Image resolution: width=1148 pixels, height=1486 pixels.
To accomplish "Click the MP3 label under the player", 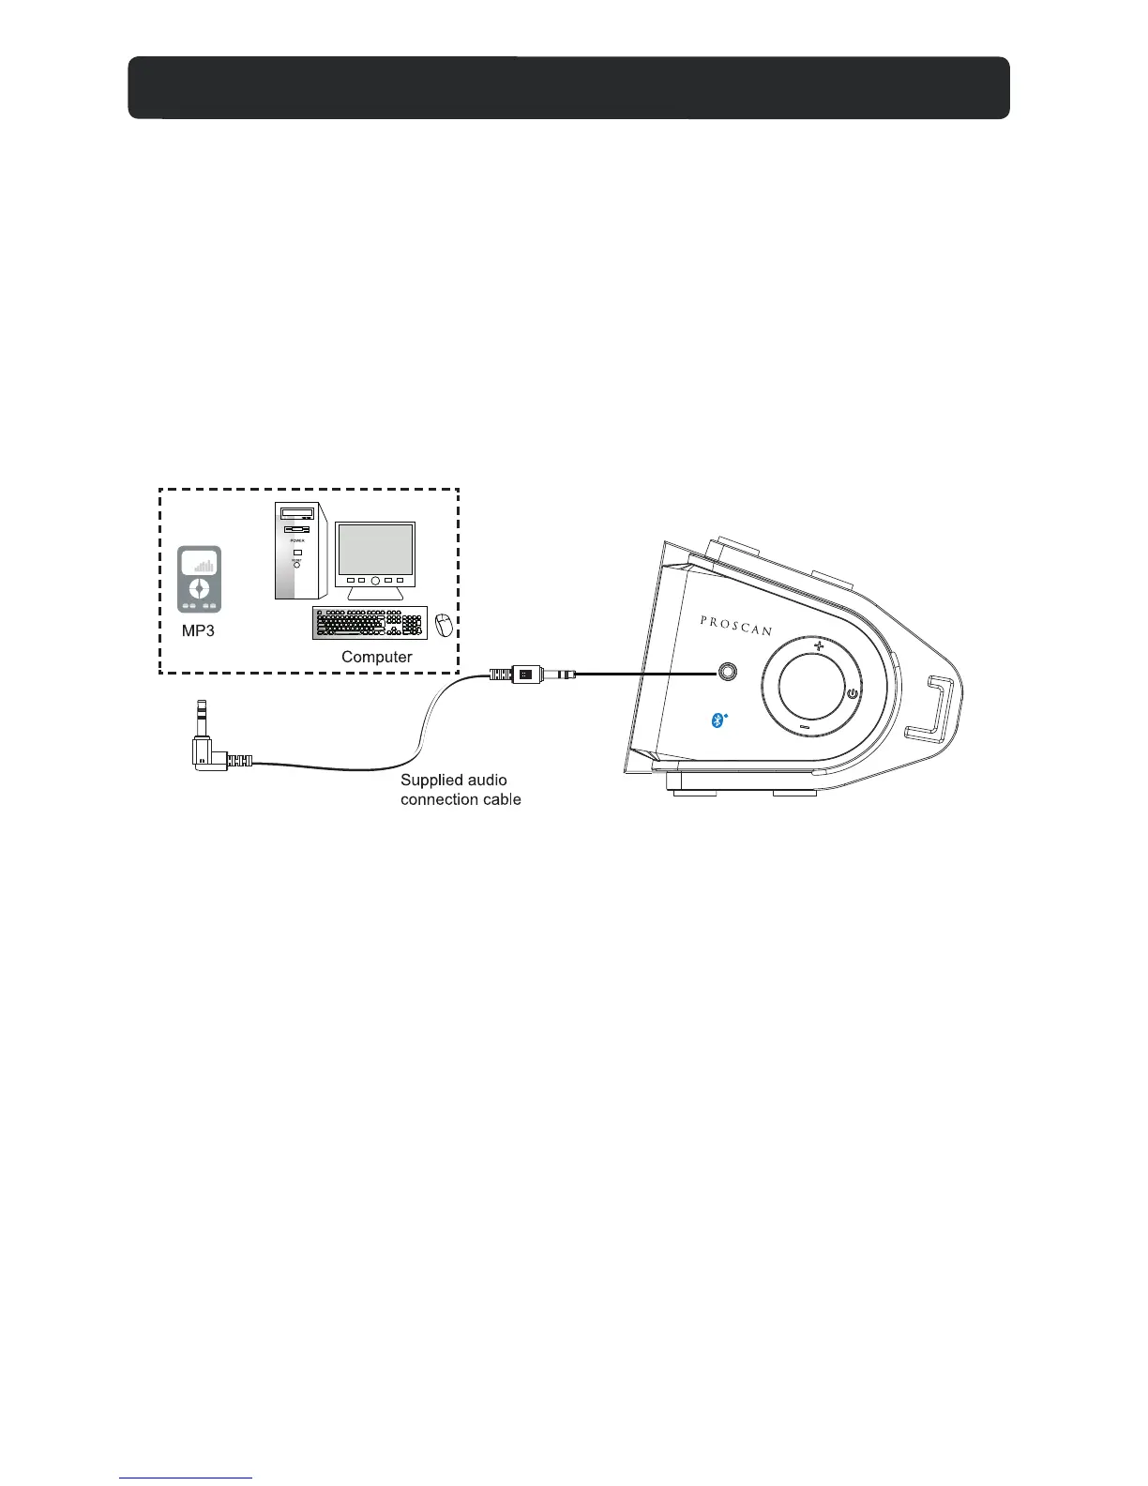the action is (198, 630).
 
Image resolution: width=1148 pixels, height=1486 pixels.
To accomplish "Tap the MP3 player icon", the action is (200, 579).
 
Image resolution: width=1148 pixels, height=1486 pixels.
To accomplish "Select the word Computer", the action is (376, 657).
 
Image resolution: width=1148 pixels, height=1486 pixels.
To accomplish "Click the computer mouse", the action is (444, 624).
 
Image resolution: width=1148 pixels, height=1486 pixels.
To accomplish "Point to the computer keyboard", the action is (370, 623).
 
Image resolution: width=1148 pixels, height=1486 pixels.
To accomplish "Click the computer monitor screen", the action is (375, 551).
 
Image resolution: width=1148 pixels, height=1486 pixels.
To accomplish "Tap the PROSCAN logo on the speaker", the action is (736, 625).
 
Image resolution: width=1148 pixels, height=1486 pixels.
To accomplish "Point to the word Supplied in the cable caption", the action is (431, 781).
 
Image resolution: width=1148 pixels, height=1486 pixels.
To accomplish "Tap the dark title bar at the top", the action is (568, 88).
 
